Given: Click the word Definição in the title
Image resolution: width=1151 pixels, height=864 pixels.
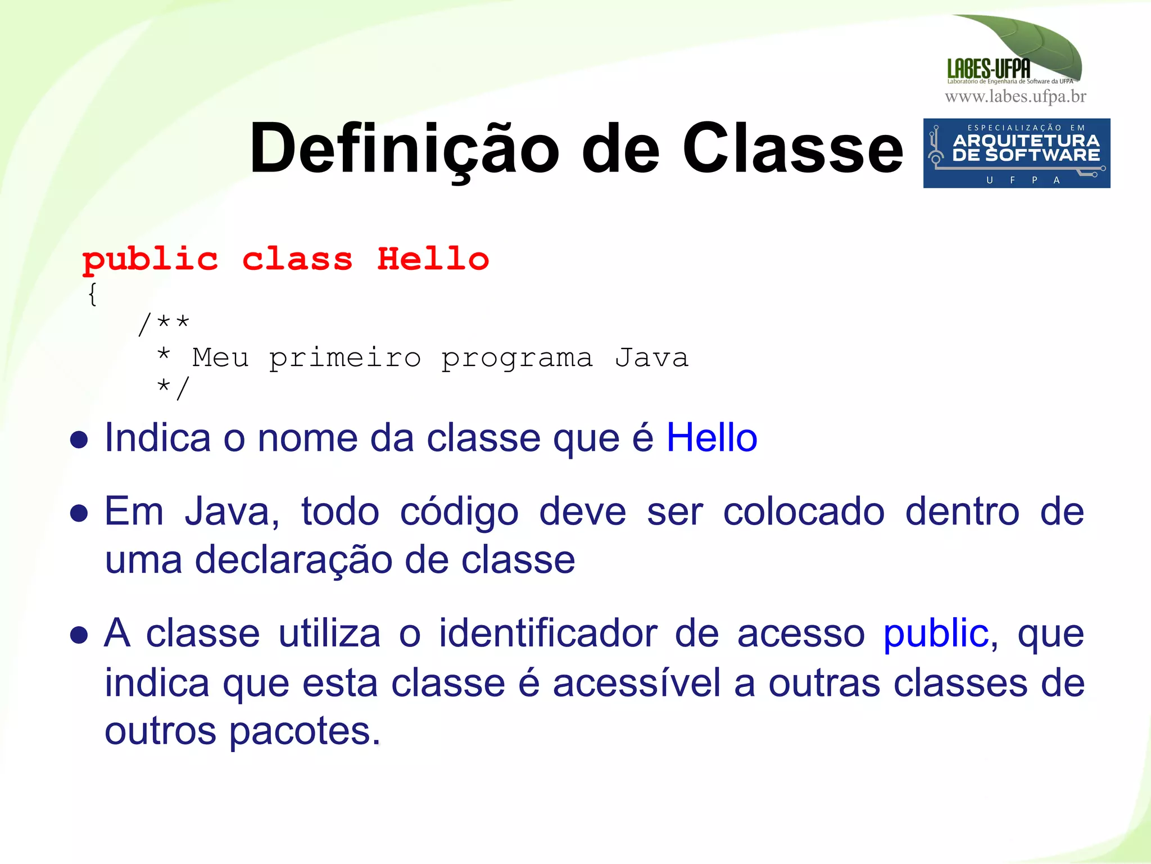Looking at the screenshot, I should tap(404, 150).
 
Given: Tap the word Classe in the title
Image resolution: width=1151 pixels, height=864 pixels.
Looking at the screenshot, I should tap(792, 150).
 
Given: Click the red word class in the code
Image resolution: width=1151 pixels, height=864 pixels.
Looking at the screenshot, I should tap(297, 259).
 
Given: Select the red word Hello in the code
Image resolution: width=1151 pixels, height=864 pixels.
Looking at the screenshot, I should tap(433, 259).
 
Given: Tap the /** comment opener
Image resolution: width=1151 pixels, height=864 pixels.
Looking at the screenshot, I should tap(164, 324).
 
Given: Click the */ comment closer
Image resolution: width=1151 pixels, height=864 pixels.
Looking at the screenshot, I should tap(174, 388).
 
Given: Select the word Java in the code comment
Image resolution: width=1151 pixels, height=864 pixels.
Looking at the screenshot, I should tap(652, 358).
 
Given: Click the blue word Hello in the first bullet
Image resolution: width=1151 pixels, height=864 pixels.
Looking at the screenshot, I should tap(712, 438).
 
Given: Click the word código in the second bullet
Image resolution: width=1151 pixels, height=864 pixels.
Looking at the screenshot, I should tap(459, 513).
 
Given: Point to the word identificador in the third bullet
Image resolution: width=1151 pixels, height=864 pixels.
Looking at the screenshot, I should tap(548, 634).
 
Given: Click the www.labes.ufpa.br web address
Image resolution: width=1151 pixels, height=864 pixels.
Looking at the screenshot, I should tap(1015, 97).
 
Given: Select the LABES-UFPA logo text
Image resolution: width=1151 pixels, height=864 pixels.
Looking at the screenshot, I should tap(989, 69).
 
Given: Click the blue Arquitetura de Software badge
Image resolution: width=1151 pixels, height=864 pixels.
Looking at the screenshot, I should tap(1016, 153).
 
